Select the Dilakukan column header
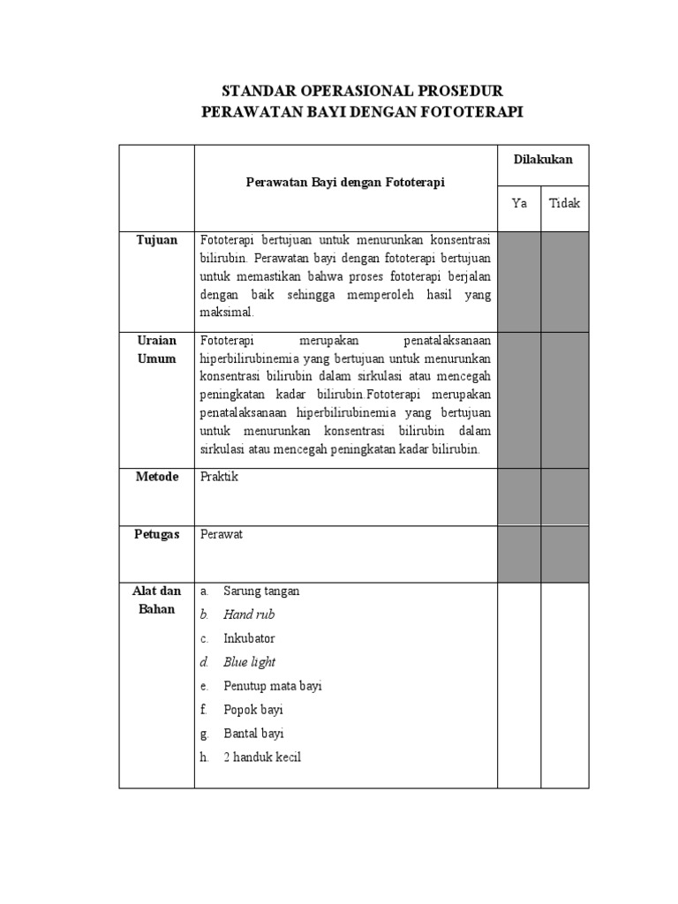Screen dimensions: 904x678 543,160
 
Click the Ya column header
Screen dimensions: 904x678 520,203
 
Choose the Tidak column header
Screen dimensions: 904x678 565,203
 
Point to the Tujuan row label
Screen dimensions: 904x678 156,240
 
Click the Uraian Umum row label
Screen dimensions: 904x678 156,350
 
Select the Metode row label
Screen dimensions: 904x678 156,477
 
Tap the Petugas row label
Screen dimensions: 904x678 156,534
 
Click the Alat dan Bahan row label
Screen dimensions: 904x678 156,600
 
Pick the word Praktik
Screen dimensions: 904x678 219,477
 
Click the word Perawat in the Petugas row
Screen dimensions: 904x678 222,534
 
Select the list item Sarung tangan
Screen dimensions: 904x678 261,591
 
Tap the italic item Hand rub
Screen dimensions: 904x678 249,614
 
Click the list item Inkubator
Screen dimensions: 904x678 249,638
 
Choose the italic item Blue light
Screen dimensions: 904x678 249,662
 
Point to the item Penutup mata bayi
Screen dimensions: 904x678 273,686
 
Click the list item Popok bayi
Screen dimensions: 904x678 253,710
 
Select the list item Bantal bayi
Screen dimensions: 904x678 253,734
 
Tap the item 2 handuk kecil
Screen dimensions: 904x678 262,757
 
